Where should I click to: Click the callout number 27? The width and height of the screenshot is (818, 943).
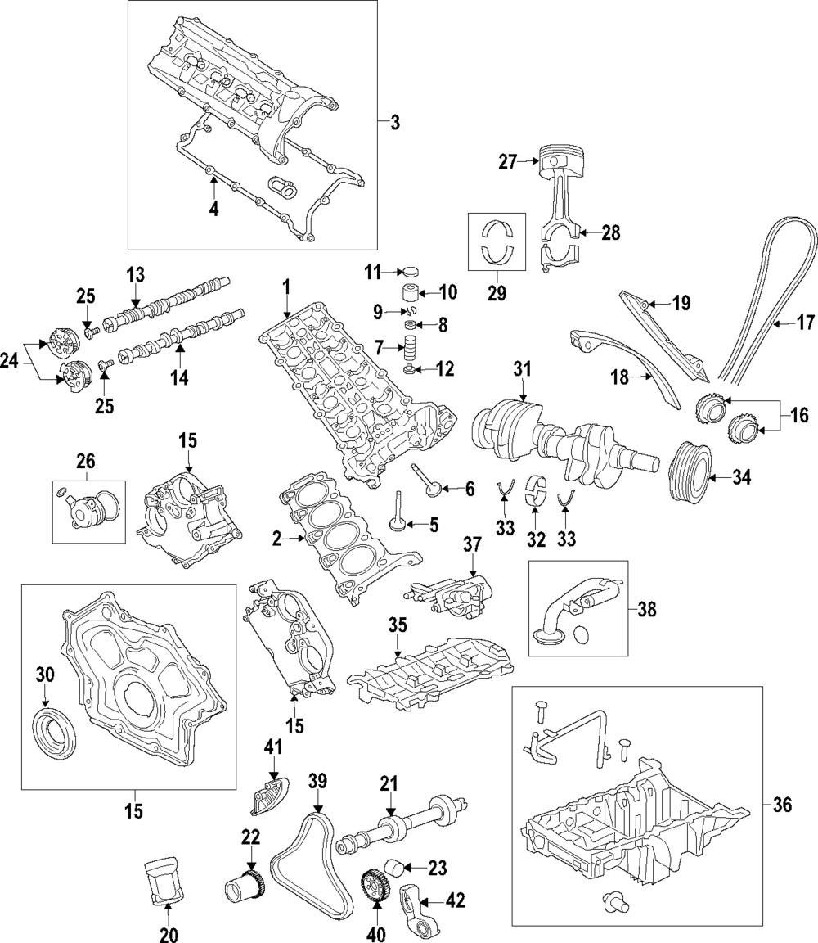508,162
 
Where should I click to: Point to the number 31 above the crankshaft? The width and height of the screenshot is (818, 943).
523,371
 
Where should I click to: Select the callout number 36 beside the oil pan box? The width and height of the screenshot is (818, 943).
782,805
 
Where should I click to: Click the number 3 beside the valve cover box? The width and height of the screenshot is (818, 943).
395,124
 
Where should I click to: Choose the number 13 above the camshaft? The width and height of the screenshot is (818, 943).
135,273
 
